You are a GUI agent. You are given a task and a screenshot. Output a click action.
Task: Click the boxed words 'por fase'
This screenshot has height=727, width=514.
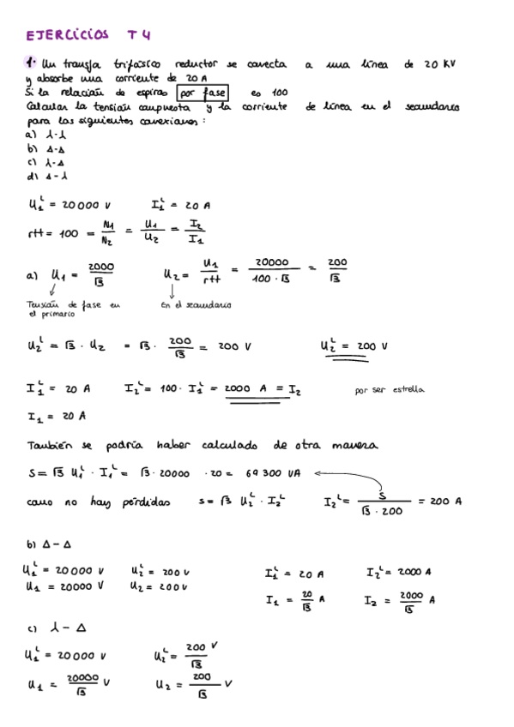[x=203, y=93]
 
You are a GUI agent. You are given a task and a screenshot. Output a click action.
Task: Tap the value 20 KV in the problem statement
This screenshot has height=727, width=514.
[x=438, y=64]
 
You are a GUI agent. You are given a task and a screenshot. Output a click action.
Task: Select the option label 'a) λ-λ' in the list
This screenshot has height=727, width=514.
[x=42, y=135]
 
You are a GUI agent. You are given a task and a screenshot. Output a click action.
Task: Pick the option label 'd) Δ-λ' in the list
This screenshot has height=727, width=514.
[x=42, y=177]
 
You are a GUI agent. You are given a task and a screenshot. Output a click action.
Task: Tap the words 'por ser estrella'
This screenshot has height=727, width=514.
[x=389, y=389]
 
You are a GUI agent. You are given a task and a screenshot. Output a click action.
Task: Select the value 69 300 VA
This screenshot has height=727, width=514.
[x=275, y=472]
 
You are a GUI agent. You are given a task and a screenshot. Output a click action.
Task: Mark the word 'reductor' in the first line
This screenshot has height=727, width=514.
[x=196, y=64]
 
